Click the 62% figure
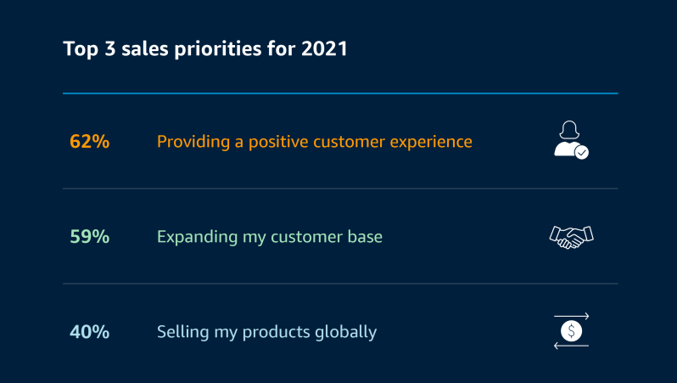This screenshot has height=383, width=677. point(89,141)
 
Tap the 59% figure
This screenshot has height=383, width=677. point(89,236)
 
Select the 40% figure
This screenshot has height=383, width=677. point(89,331)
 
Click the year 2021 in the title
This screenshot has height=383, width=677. point(324,48)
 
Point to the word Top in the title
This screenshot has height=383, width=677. point(81,49)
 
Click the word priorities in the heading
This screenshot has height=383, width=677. point(217,49)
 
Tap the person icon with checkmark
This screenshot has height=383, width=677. point(571,139)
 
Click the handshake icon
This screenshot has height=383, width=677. point(571,237)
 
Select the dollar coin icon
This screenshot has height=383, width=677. point(571,331)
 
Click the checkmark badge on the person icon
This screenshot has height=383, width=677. point(582,152)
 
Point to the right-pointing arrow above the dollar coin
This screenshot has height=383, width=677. point(571,317)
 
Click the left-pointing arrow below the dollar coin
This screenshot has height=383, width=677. point(571,346)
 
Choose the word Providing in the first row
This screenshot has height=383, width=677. point(193,142)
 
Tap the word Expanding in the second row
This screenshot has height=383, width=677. point(197,237)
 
